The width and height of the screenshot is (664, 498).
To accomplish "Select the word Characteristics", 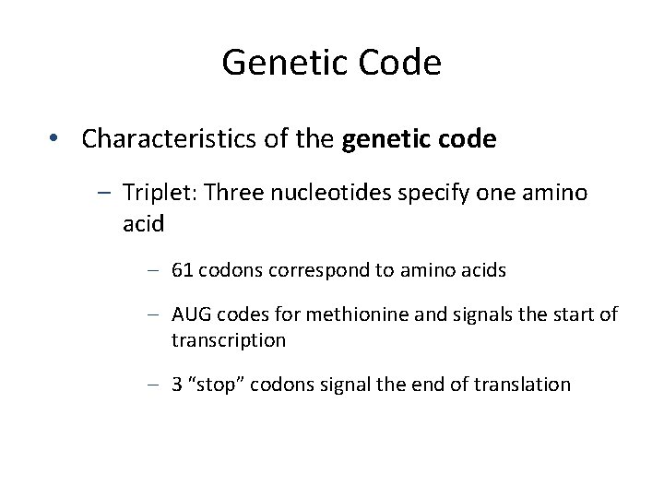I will (x=160, y=139).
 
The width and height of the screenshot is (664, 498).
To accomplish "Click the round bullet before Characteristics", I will (x=56, y=139).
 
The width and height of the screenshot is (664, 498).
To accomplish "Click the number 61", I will (x=183, y=270).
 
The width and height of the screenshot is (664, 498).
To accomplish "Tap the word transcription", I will (x=229, y=340).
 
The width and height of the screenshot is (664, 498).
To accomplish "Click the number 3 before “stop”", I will (x=176, y=385).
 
